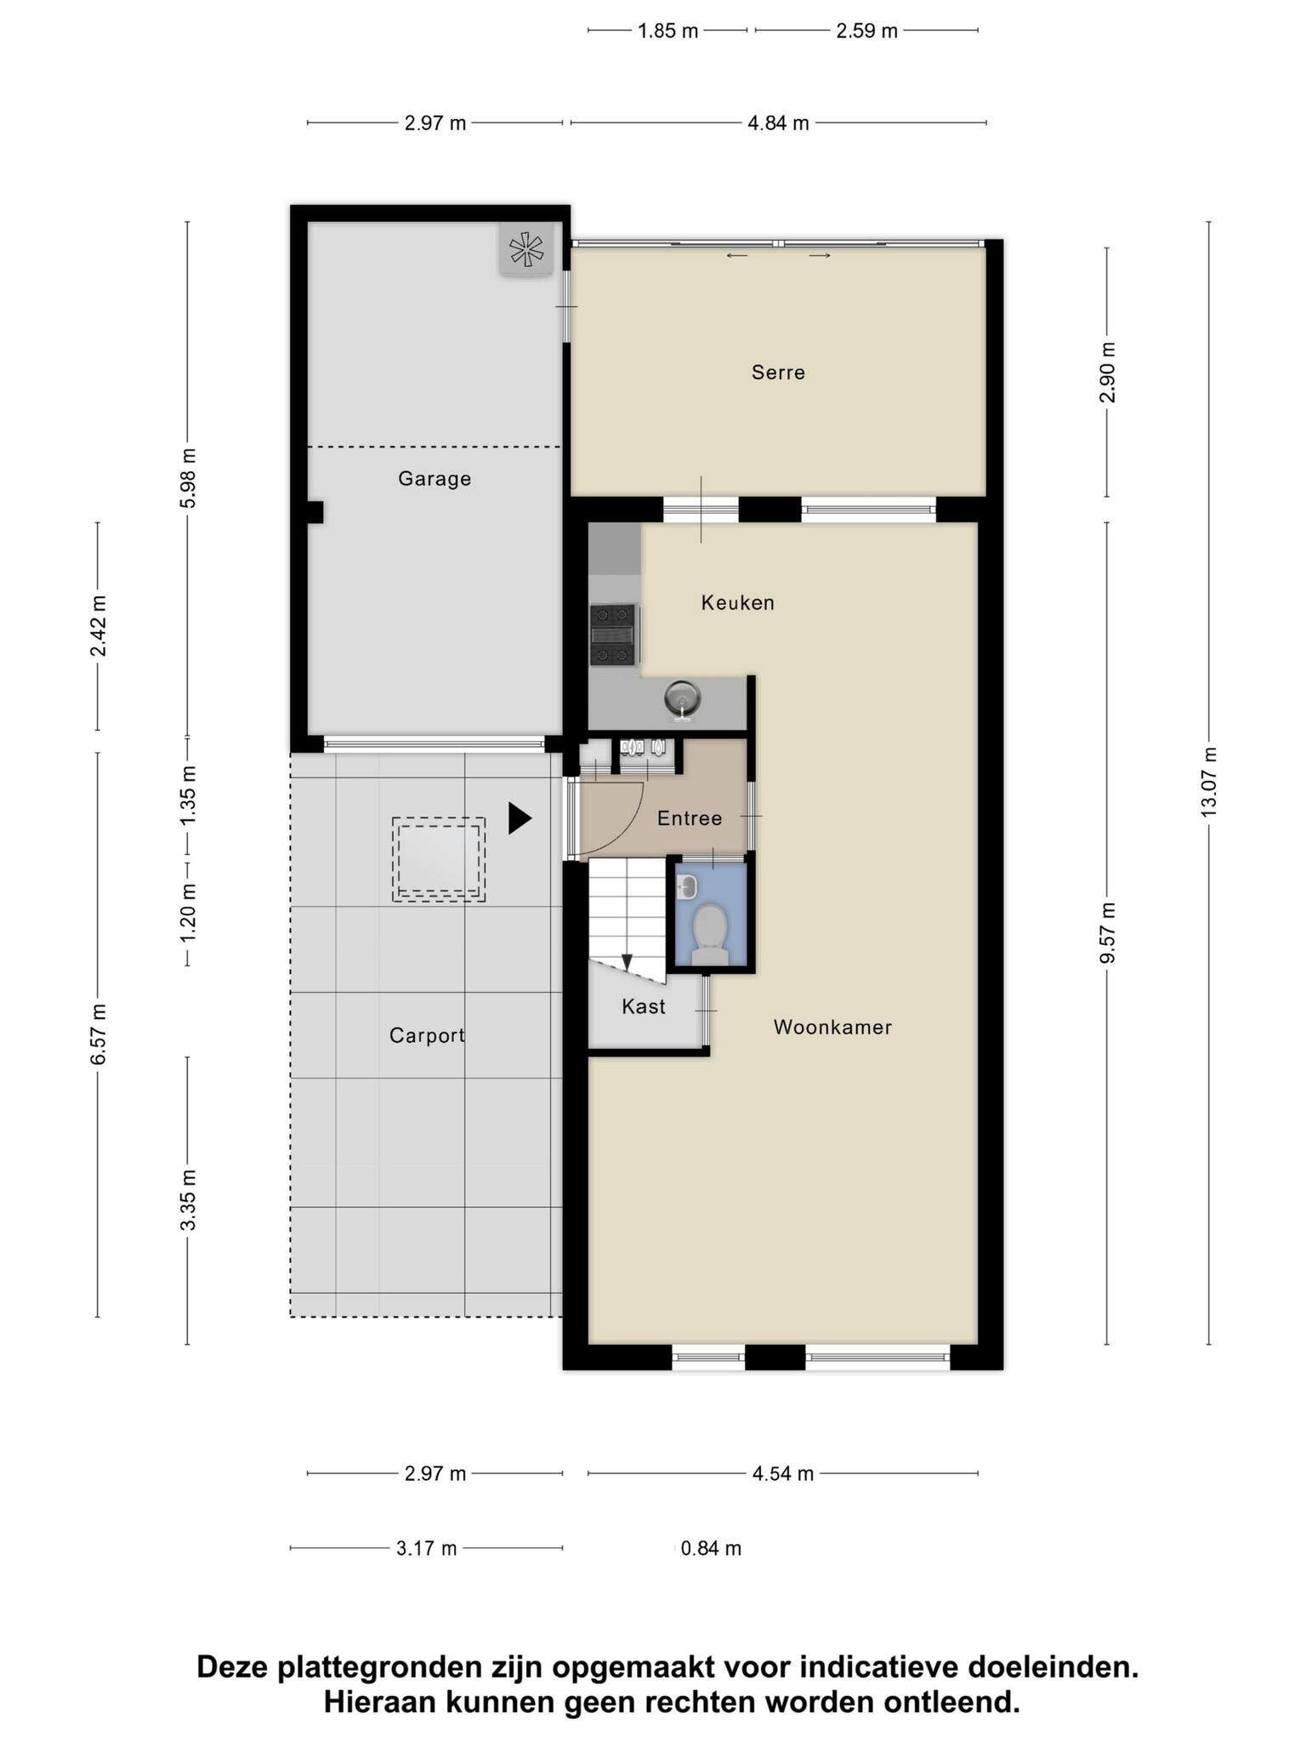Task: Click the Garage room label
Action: point(434,479)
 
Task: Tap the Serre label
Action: point(778,373)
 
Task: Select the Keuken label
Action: point(738,603)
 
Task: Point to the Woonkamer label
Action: point(832,1028)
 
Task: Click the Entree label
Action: point(690,819)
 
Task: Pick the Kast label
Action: point(644,1007)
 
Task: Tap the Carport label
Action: point(427,1036)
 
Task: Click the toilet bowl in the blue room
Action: point(710,931)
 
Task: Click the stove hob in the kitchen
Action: point(613,635)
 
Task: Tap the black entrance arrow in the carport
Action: point(520,818)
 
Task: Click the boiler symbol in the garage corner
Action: point(525,249)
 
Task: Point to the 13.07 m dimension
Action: point(1208,783)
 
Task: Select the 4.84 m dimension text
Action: point(778,124)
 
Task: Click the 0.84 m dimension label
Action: point(711,1549)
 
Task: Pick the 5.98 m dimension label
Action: point(188,479)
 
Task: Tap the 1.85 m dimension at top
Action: point(667,31)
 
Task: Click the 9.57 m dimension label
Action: point(1106,933)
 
